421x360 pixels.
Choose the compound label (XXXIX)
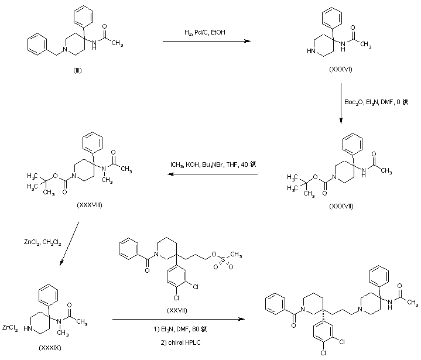point(50,347)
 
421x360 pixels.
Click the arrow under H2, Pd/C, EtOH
point(206,41)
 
